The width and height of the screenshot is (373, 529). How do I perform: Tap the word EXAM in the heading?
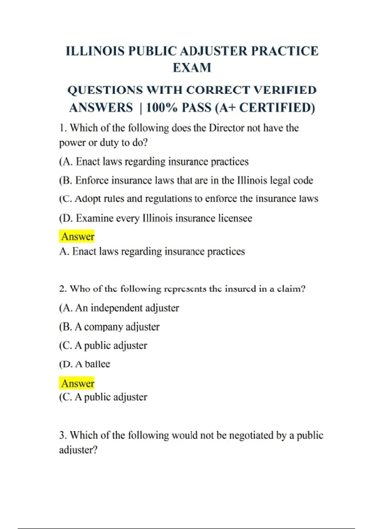pyautogui.click(x=192, y=68)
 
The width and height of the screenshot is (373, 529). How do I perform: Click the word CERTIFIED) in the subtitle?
pyautogui.click(x=277, y=108)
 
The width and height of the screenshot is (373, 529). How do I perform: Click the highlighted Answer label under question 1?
pyautogui.click(x=77, y=236)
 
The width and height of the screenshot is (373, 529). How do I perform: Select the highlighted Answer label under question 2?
pyautogui.click(x=77, y=383)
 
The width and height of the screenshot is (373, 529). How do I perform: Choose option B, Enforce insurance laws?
pyautogui.click(x=186, y=180)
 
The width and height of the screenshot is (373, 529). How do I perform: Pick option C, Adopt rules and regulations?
pyautogui.click(x=188, y=199)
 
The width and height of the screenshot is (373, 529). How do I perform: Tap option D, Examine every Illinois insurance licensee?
pyautogui.click(x=155, y=218)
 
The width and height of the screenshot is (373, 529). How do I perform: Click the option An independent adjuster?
pyautogui.click(x=119, y=308)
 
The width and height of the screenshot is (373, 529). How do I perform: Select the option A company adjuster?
pyautogui.click(x=109, y=327)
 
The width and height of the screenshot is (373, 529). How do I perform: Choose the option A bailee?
pyautogui.click(x=85, y=364)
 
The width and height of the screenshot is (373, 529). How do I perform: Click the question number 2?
pyautogui.click(x=62, y=289)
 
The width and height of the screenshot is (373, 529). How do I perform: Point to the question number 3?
pyautogui.click(x=62, y=435)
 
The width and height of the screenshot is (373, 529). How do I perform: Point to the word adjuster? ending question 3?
pyautogui.click(x=78, y=450)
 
